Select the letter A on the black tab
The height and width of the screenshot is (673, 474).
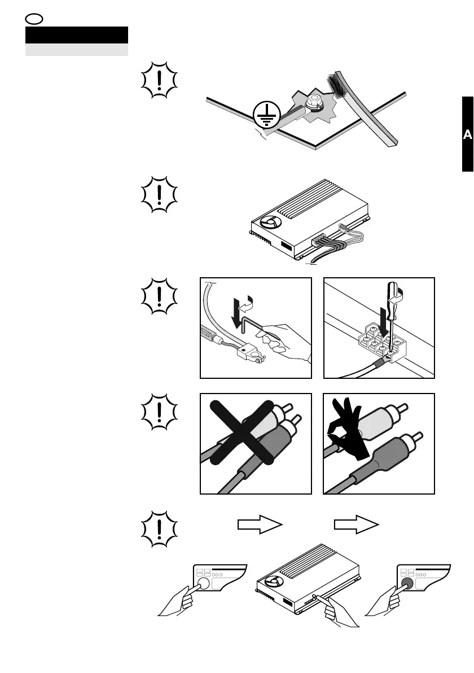coord(467,135)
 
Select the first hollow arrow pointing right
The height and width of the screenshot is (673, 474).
coord(259,525)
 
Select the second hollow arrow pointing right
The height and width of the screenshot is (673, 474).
coord(356,525)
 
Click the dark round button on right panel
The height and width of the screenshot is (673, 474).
coord(405,583)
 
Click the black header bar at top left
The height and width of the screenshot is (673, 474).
coord(77,36)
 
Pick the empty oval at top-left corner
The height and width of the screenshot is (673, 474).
coord(33,18)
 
